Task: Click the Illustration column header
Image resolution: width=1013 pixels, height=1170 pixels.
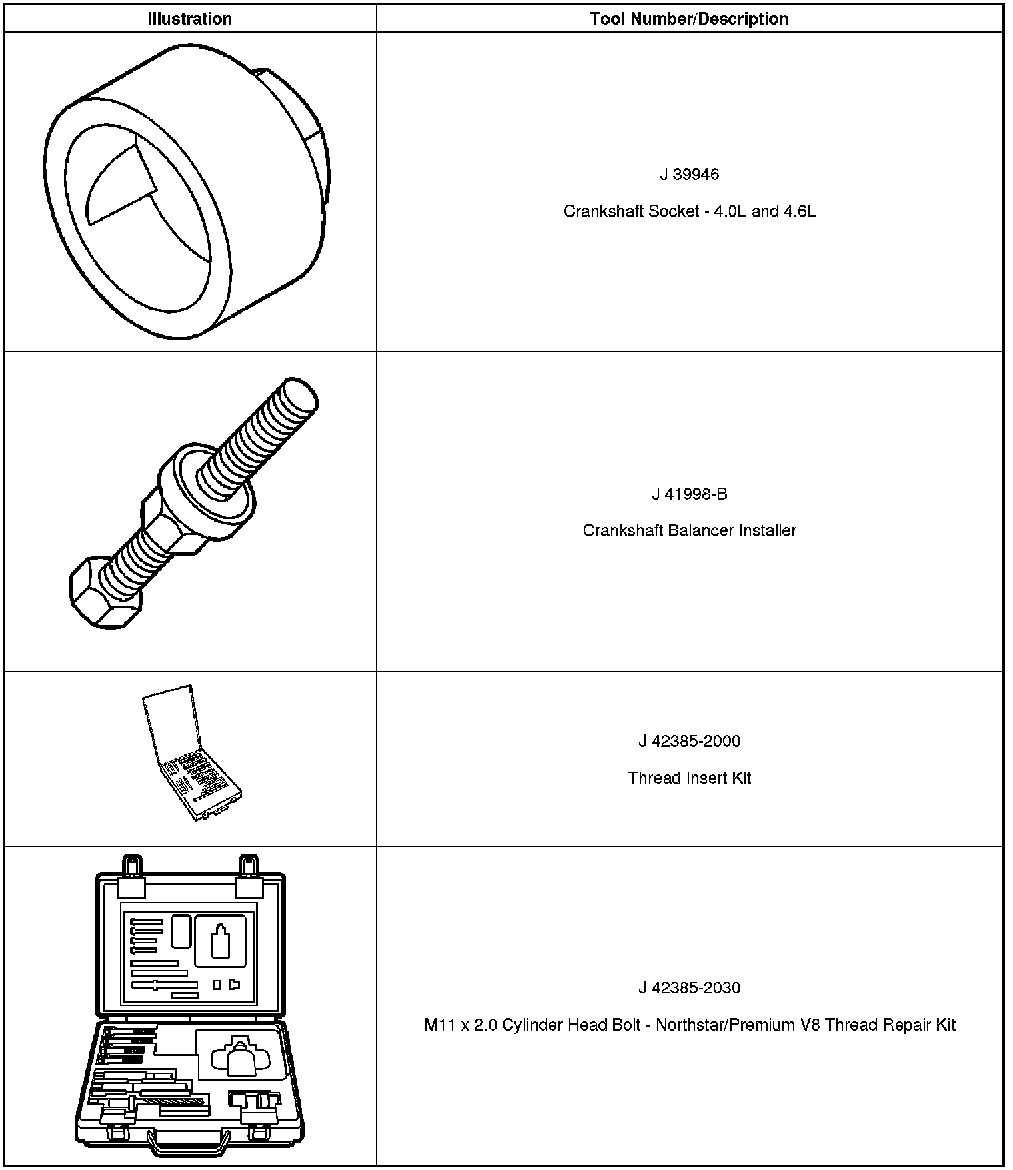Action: (189, 19)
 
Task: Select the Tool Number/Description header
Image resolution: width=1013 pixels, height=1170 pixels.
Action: (689, 19)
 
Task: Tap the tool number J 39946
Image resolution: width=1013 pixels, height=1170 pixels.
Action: (689, 175)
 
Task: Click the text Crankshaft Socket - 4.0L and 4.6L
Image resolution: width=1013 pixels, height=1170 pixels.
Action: (689, 211)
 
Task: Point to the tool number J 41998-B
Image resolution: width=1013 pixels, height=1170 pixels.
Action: (689, 494)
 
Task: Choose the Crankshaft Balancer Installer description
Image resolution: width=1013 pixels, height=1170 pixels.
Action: (689, 530)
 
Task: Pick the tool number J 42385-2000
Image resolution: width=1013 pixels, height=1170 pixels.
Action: (689, 741)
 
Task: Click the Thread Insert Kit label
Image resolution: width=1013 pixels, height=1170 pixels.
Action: (689, 778)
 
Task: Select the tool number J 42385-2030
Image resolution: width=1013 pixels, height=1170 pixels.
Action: (689, 987)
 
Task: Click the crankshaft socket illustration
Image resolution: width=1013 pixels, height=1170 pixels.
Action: (187, 193)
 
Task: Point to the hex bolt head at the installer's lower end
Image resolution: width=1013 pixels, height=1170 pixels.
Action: (105, 593)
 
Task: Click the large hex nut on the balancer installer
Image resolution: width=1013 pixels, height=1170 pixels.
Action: (173, 520)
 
